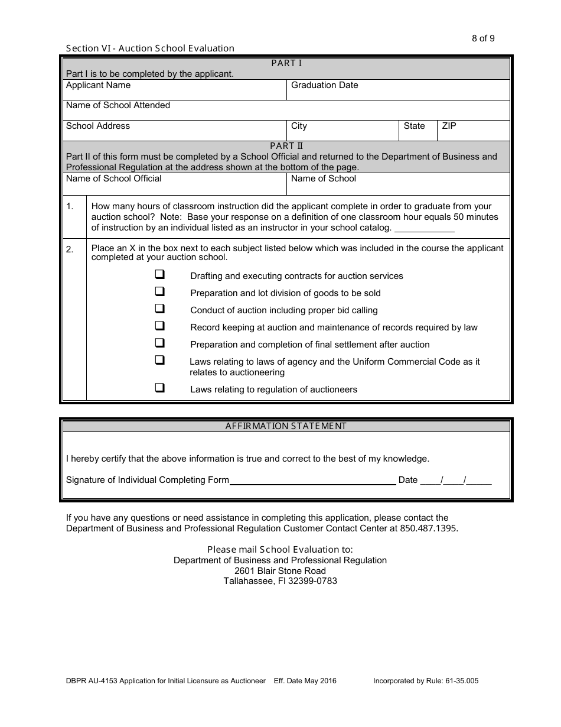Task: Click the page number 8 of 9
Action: point(483,38)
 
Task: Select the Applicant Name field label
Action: point(98,85)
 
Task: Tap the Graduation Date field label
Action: point(324,85)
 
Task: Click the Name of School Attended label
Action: point(118,105)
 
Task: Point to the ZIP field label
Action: point(449,126)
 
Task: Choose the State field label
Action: point(414,126)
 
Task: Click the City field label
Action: point(299,126)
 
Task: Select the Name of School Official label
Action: point(113,178)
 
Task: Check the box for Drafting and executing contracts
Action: point(159,275)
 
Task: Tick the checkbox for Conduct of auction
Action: point(159,309)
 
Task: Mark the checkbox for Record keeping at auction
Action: point(159,326)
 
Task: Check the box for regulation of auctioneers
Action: point(159,388)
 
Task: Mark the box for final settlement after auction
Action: point(159,343)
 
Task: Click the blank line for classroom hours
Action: point(424,229)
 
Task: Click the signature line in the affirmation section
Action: point(312,481)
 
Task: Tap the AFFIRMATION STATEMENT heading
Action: point(286,426)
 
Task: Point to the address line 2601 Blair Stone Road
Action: point(280,571)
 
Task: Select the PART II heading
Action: point(286,145)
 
